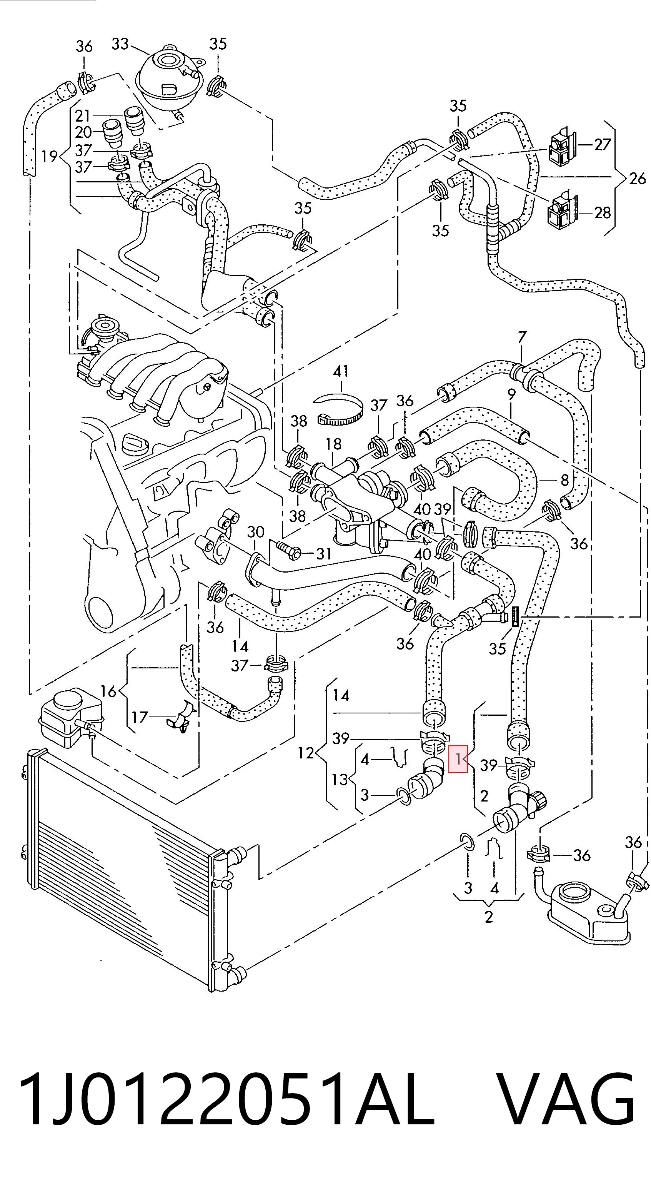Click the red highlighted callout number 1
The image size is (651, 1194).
(x=458, y=759)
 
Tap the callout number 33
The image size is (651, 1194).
(x=120, y=44)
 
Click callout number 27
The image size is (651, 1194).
(x=602, y=145)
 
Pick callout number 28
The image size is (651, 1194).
(x=602, y=213)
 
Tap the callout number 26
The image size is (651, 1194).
(x=638, y=179)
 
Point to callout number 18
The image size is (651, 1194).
(x=333, y=444)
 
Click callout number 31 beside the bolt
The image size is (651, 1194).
(x=323, y=553)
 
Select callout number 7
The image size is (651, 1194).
(x=522, y=337)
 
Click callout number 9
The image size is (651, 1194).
(x=511, y=395)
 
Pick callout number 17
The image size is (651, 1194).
(x=140, y=717)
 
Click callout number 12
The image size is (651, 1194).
(x=305, y=753)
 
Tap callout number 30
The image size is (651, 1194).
(x=255, y=532)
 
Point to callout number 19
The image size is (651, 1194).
(x=49, y=156)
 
